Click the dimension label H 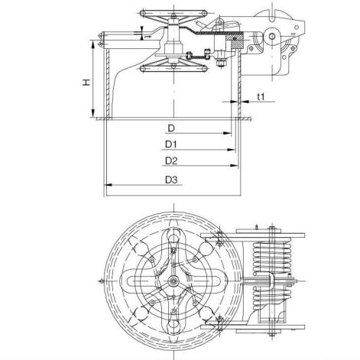(88, 79)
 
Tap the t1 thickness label (261, 97)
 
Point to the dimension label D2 (170, 161)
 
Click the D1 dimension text (170, 144)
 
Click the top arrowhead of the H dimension (95, 43)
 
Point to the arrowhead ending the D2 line (236, 167)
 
